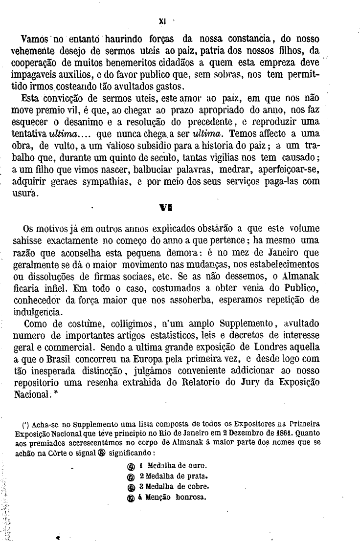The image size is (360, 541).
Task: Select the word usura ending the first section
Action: (23, 194)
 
